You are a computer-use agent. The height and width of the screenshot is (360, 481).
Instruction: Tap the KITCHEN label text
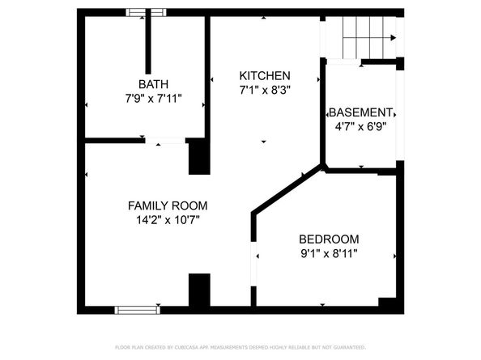point(264,75)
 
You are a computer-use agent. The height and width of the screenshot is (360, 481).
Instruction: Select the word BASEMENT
point(360,112)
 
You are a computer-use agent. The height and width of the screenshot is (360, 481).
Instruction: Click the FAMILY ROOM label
point(168,205)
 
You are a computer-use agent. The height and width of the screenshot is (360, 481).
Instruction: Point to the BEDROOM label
point(329,239)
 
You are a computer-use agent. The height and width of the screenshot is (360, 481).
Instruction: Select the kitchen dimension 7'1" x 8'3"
point(264,90)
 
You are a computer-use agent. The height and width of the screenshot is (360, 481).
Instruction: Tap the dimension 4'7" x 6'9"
point(360,126)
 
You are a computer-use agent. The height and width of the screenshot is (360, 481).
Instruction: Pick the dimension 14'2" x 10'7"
point(168,220)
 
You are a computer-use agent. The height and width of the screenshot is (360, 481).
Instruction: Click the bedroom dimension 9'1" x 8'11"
point(329,253)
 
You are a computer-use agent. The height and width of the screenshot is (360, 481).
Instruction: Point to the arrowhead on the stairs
point(394,37)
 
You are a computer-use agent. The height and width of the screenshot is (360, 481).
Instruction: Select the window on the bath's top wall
point(147,12)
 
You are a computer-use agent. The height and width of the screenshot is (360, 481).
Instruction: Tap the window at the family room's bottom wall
point(137,309)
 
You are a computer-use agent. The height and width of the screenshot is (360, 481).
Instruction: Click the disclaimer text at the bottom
point(240,346)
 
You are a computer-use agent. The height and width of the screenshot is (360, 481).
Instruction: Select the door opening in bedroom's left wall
point(254,266)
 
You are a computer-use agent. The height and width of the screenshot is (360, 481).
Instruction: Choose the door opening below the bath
point(170,142)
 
